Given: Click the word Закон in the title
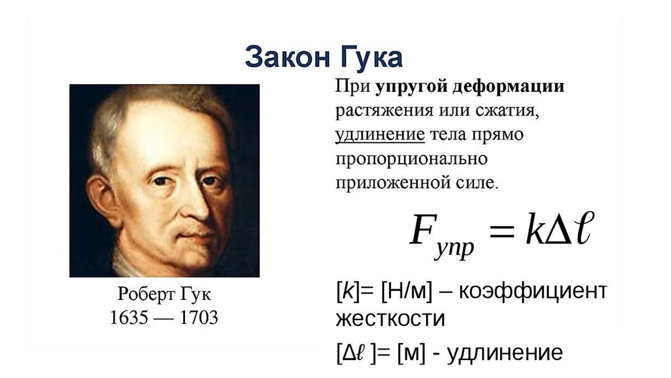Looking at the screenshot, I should point(285,57).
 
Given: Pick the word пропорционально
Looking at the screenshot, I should point(412,159).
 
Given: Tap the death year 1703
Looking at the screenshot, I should point(198,318).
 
